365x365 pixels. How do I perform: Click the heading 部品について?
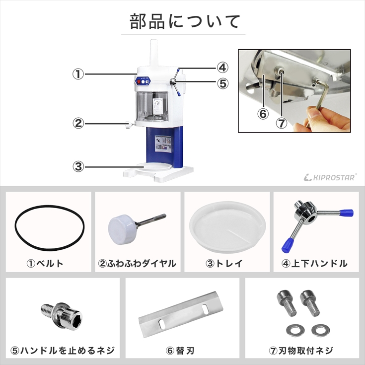click(x=185, y=21)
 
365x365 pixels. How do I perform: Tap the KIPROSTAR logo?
click(x=330, y=177)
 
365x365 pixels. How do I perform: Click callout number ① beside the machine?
click(x=78, y=74)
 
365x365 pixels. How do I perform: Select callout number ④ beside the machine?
click(x=222, y=68)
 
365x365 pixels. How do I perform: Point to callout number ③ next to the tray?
click(x=78, y=167)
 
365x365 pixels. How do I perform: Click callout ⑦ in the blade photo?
click(x=282, y=123)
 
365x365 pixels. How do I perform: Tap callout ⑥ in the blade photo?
click(x=263, y=114)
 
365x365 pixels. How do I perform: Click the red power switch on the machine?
click(x=138, y=82)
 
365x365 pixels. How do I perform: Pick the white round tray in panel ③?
click(x=227, y=228)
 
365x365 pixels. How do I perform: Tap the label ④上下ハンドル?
click(x=315, y=263)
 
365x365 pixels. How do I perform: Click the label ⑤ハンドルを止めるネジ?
click(x=63, y=350)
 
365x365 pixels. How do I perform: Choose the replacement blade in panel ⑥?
click(x=181, y=314)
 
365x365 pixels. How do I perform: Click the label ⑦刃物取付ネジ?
click(x=301, y=350)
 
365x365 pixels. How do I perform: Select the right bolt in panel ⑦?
click(x=310, y=303)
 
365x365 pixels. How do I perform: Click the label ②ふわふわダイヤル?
click(x=137, y=263)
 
